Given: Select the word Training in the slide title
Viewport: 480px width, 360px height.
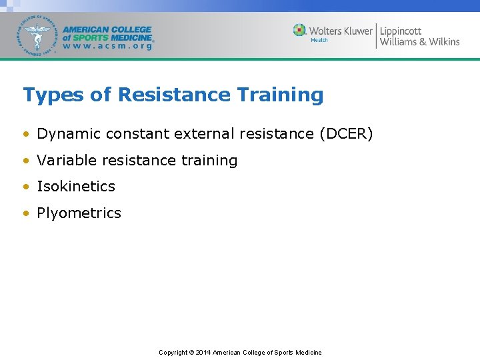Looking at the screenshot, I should coord(279,95).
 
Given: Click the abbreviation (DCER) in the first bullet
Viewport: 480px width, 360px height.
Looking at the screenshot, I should coord(346,134).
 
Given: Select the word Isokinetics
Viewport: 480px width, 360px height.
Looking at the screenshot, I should coord(76,187).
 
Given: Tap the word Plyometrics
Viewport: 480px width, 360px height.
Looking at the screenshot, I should coord(79,213).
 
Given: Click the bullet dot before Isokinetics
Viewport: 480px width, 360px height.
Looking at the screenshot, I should coord(26,187).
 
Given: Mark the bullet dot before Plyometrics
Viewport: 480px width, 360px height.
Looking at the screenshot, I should coord(26,214).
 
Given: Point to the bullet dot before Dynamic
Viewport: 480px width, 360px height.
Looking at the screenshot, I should coord(26,135).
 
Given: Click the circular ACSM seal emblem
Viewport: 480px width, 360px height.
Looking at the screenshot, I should coord(38,35).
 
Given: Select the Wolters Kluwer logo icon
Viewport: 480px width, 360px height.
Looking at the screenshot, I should coord(299,31).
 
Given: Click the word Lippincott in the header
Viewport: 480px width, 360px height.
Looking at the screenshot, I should coord(401,31).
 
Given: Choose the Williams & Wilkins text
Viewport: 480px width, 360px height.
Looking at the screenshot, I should coord(419,42).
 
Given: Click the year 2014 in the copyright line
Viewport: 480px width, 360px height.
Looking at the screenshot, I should coord(203,353).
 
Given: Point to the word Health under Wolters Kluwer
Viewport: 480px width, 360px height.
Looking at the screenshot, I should coord(319,41).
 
